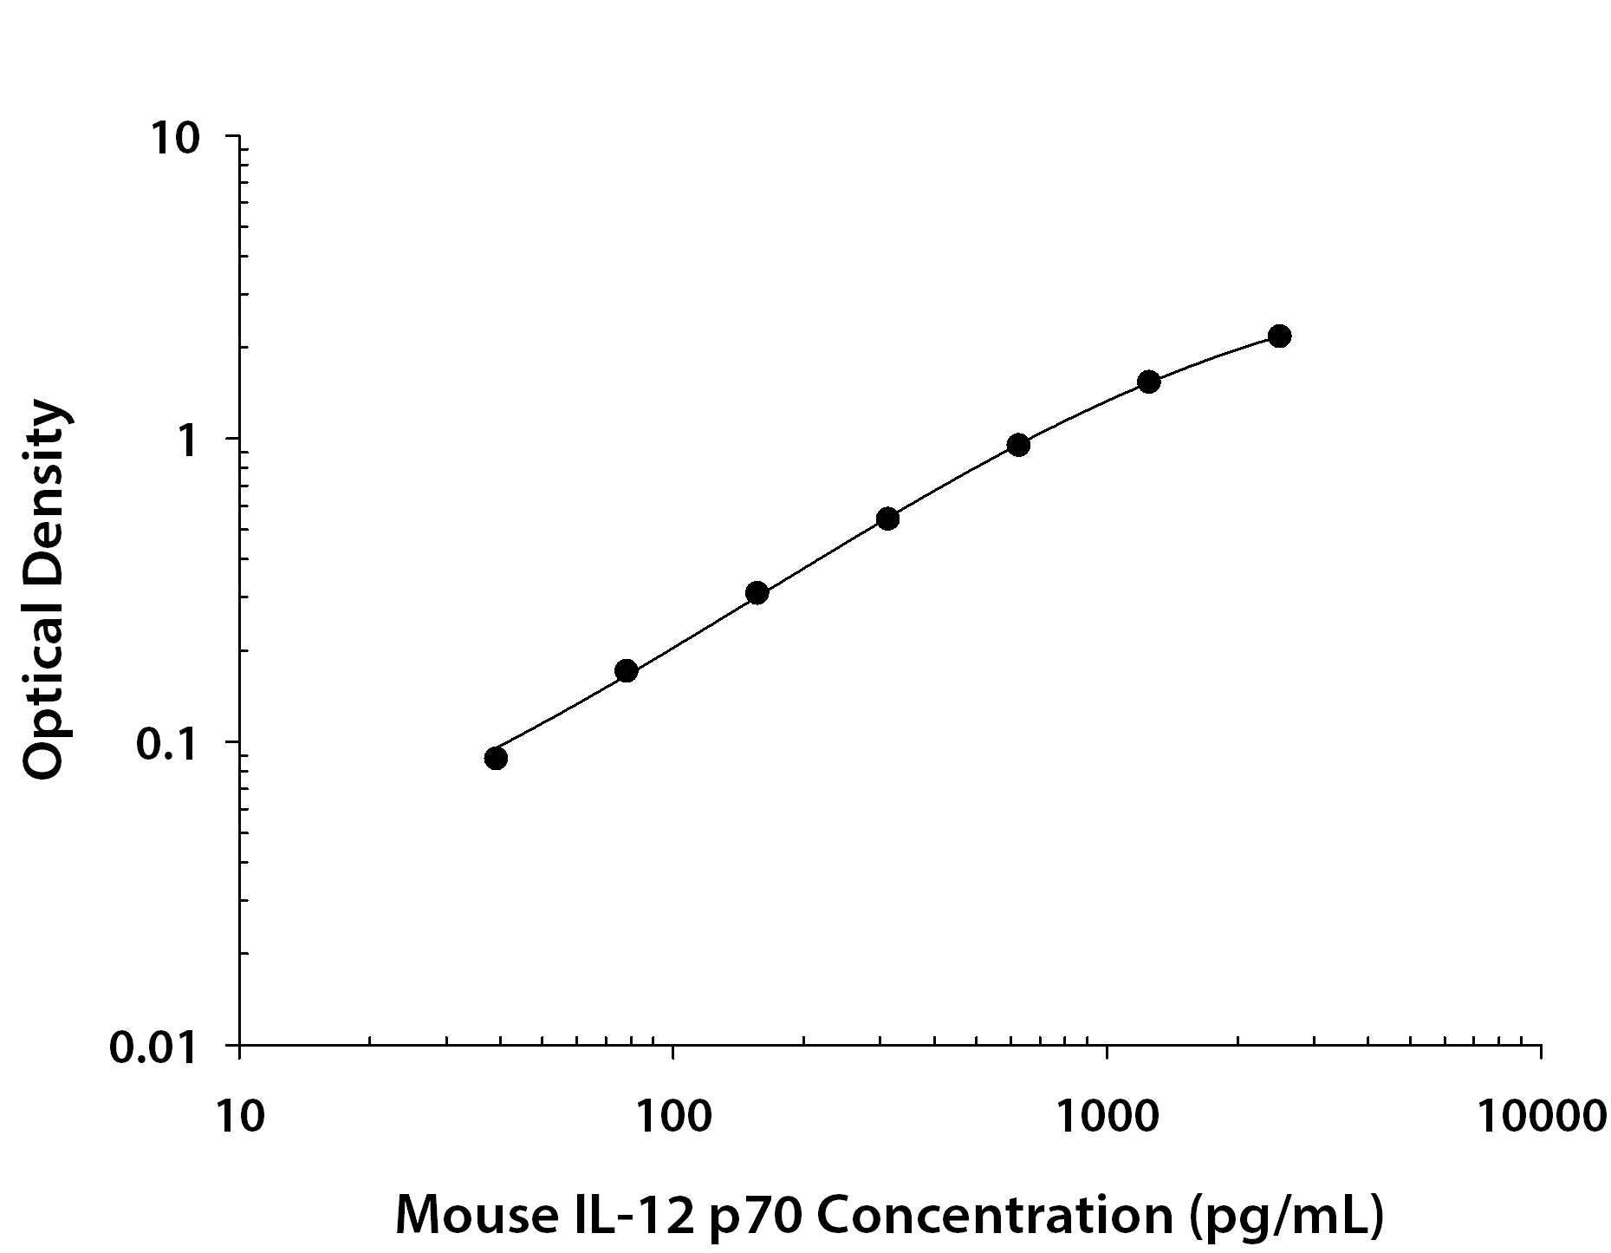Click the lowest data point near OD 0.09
coord(496,758)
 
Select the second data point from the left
coord(626,670)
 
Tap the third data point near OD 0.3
coord(757,593)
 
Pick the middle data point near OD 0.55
coord(887,519)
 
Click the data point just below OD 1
coord(1018,445)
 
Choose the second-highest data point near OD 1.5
coord(1149,382)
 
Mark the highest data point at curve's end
coord(1279,336)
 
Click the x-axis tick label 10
coord(240,1116)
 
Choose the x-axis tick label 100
coord(672,1116)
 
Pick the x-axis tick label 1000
coord(1107,1116)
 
